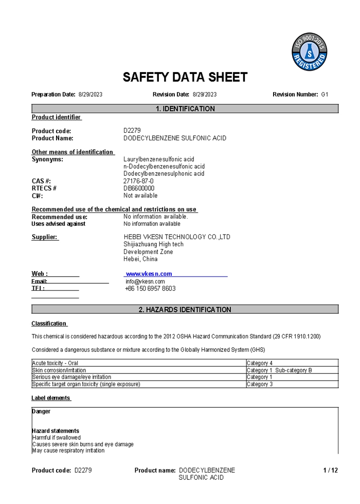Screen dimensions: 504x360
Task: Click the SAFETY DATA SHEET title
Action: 185,77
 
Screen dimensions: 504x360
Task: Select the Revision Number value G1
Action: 325,95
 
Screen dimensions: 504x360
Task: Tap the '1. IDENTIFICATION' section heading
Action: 185,109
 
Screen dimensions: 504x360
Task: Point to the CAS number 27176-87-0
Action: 138,181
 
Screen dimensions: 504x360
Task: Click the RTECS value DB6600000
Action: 139,188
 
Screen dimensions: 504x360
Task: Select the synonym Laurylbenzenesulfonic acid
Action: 159,159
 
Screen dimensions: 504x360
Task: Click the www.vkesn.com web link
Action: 149,274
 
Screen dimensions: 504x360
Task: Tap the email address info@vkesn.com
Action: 145,281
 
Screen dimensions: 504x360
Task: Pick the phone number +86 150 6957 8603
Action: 150,289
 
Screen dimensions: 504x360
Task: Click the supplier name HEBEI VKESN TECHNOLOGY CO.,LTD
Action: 177,237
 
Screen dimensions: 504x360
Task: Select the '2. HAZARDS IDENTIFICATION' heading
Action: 185,310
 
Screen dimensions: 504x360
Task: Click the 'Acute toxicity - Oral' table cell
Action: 56,363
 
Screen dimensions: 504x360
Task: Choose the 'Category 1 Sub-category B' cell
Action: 279,370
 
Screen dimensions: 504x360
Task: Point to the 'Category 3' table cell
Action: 260,384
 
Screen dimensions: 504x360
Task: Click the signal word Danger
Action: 41,411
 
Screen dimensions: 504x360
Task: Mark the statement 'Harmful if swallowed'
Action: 57,438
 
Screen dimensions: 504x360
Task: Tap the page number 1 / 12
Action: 330,470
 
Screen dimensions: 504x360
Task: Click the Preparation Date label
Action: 53,95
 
